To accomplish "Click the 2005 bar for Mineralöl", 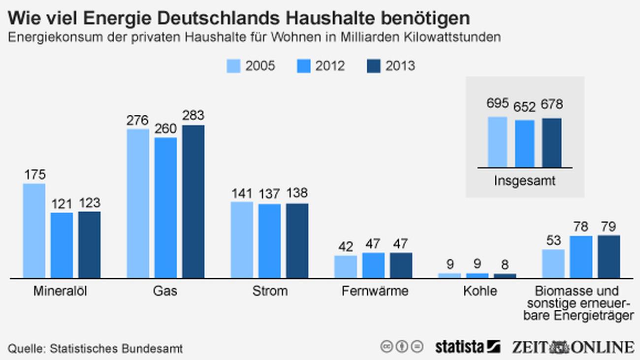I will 34,230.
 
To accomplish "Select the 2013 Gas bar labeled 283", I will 193,201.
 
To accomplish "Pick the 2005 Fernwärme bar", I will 346,266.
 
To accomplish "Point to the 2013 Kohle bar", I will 505,276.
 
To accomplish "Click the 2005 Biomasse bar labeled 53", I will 553,263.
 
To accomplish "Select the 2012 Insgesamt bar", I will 525,143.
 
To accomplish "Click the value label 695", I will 497,104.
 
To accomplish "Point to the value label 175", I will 34,175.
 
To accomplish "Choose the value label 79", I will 609,227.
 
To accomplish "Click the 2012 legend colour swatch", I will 304,66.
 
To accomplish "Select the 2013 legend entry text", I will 400,66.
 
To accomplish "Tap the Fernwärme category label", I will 375,291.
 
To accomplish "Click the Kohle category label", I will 480,291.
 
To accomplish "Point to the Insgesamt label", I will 524,181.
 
